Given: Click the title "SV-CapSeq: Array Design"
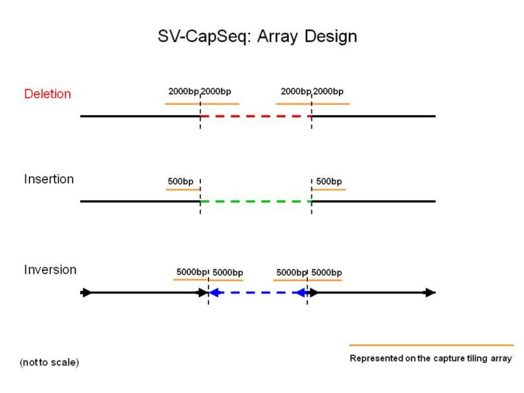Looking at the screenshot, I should coord(257,36).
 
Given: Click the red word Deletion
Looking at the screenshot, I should coord(47,94).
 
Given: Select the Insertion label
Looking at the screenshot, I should coord(49,179).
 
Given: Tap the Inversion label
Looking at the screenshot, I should coord(50,269).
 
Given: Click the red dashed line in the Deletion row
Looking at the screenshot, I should coord(255,116).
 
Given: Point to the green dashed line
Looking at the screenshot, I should coord(255,201).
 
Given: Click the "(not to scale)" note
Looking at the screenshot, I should coord(49,362).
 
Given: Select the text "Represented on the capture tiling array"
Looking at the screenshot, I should coord(431,358).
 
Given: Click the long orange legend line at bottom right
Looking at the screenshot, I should coord(431,345).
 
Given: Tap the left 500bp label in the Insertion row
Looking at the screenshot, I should coord(180,181).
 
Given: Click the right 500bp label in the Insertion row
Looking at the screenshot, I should coord(329,181).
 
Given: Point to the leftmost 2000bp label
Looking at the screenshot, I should coord(183,92).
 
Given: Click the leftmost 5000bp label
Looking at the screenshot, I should coord(191,273).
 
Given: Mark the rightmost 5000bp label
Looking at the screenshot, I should coord(327,273).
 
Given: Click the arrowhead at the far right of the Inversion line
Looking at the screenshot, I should coord(431,293).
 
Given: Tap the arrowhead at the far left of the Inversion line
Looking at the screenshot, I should coord(87,293).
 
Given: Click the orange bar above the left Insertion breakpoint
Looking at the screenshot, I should coord(183,190).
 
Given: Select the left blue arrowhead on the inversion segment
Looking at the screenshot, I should coord(214,293).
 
